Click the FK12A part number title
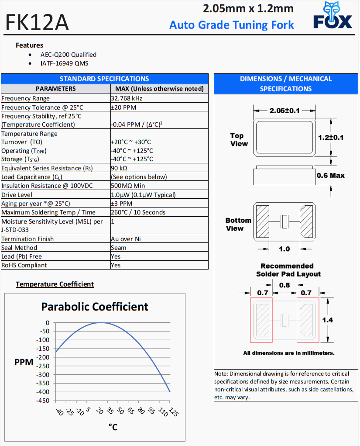point(37,23)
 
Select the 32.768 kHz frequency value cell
point(127,98)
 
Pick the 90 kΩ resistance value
point(119,168)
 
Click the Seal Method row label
point(19,248)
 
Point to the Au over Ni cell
point(126,239)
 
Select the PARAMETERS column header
point(55,89)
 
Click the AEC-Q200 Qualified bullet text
point(69,55)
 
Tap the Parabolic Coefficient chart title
point(95,306)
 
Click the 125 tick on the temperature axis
point(173,413)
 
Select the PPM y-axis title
point(24,362)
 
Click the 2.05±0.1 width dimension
point(285,111)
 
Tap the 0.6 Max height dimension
point(330,176)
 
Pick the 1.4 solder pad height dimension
point(327,320)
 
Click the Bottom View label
point(238,224)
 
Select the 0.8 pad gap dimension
point(284,285)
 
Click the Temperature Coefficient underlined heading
point(55,284)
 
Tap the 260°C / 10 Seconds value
point(138,212)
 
